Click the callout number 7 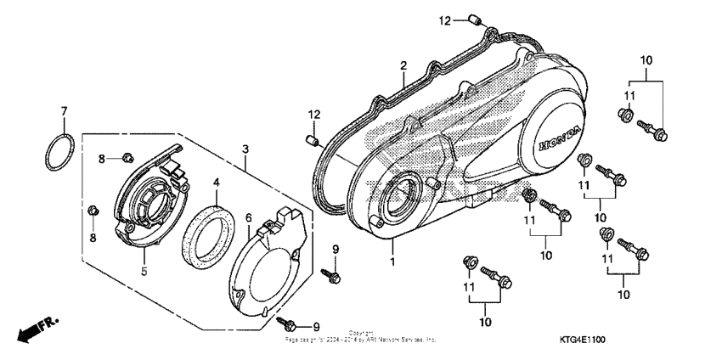point(63,111)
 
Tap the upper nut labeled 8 point(127,156)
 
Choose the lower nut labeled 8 point(93,209)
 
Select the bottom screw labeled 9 point(289,322)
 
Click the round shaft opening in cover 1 point(398,202)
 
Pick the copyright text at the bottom point(360,336)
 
